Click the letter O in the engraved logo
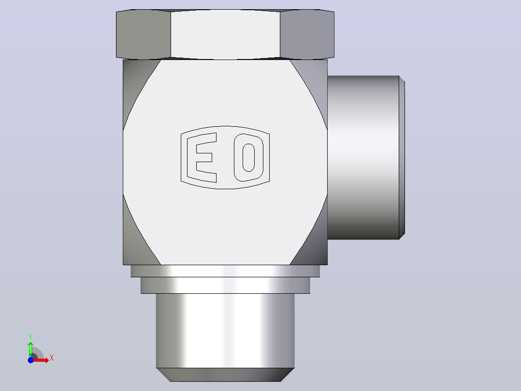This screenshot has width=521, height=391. click(x=248, y=157)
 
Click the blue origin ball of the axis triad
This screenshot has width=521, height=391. click(x=30, y=360)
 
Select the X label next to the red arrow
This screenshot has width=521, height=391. click(x=52, y=358)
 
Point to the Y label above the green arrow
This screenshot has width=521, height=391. click(x=30, y=337)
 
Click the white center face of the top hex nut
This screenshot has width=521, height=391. click(x=225, y=34)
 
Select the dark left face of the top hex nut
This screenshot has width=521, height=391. click(x=143, y=34)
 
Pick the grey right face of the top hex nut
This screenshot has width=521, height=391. click(x=307, y=34)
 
